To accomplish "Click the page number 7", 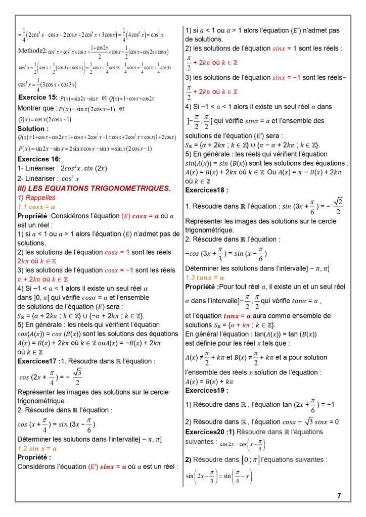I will point(339,496).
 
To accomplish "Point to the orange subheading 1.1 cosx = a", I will point(36,207).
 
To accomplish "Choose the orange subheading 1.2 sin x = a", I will point(37,448).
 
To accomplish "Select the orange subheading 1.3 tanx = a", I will point(205,277).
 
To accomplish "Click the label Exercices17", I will point(38,361).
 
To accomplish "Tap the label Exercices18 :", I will point(207,190).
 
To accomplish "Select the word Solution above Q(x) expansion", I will point(33,129).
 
